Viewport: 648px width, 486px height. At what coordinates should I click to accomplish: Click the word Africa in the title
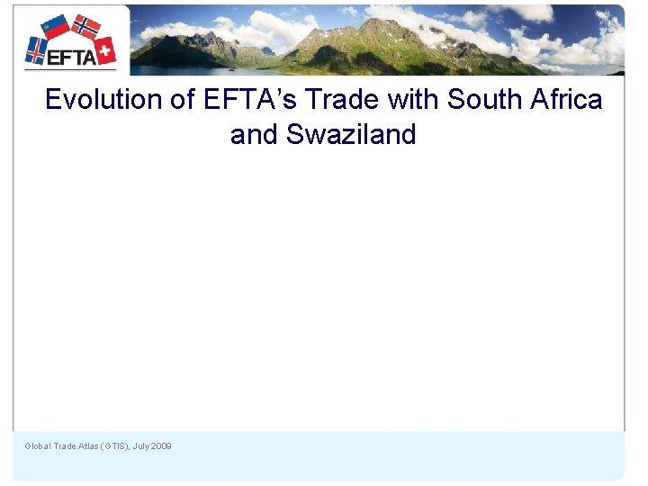[565, 99]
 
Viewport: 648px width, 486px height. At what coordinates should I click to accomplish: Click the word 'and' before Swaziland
[254, 135]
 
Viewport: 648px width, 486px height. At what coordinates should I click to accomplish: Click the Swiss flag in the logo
[105, 49]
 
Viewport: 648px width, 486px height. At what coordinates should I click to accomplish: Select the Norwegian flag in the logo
[86, 26]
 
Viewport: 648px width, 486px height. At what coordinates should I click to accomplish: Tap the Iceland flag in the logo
[36, 49]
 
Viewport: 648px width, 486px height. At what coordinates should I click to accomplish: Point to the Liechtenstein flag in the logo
[56, 26]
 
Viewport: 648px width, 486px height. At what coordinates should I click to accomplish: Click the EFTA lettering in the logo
[70, 57]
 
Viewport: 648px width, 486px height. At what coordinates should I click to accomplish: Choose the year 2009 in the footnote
[162, 446]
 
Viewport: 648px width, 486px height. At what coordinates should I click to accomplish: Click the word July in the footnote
[141, 446]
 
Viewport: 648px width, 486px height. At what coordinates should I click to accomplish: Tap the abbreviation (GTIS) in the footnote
[114, 446]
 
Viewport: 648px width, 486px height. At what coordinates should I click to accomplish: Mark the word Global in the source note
[38, 446]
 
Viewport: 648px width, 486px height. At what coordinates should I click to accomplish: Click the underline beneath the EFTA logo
[70, 69]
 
